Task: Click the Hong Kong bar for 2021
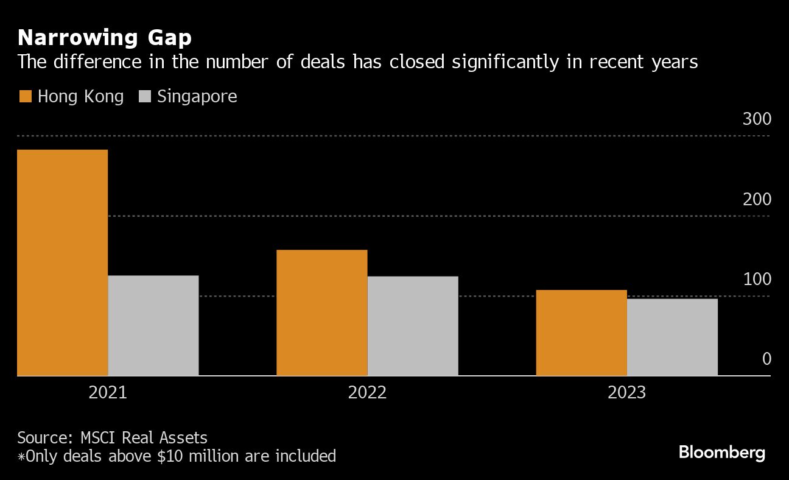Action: (x=63, y=263)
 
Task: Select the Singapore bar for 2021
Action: (x=153, y=325)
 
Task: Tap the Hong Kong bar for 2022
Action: (x=322, y=312)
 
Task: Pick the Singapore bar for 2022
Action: (x=413, y=326)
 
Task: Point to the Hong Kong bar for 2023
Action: (x=581, y=333)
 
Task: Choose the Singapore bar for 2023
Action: (x=672, y=337)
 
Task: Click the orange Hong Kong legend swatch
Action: (x=25, y=96)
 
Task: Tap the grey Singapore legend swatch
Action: (x=145, y=96)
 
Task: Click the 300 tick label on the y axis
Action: (x=757, y=119)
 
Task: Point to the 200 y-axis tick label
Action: (x=757, y=199)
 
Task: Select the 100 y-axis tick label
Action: (x=757, y=279)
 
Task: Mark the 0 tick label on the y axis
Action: (x=766, y=359)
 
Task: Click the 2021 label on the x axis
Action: (x=108, y=392)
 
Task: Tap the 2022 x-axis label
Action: (x=367, y=392)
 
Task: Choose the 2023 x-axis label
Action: (x=626, y=392)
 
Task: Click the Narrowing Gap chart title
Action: (x=104, y=38)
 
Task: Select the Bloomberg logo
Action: (x=721, y=453)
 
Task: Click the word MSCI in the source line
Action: (x=99, y=437)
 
